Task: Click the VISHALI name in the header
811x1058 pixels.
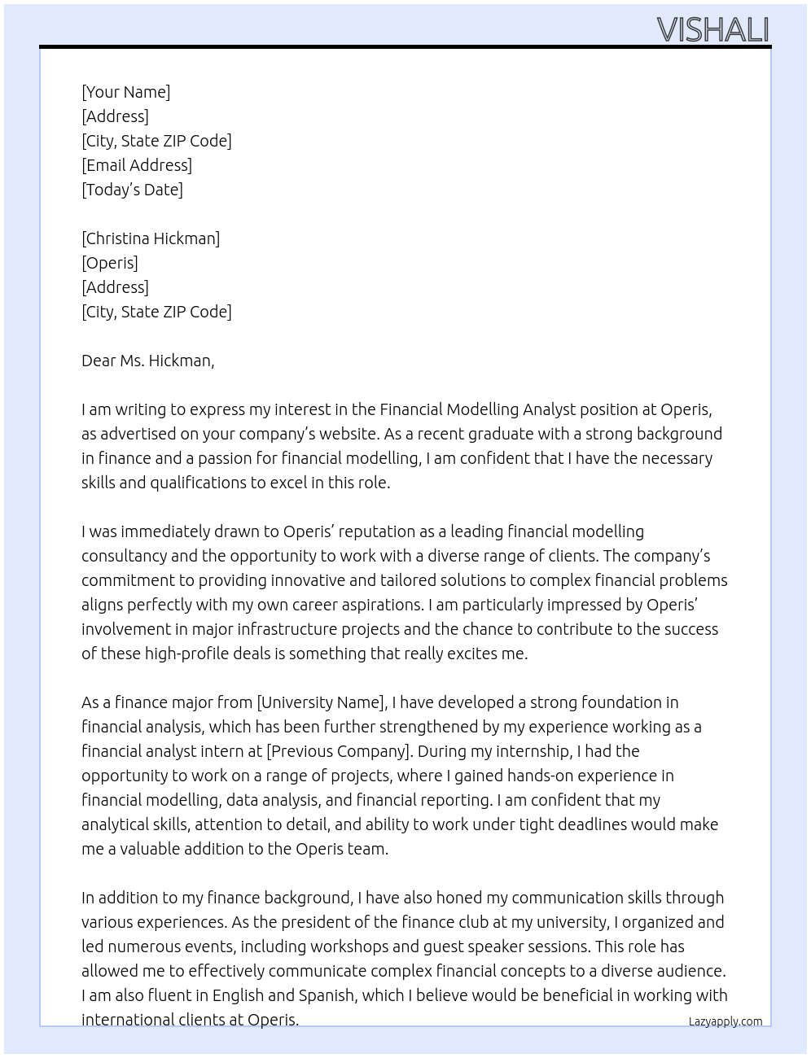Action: [x=712, y=30]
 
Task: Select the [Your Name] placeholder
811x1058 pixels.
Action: [x=126, y=92]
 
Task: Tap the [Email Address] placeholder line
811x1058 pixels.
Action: [x=137, y=165]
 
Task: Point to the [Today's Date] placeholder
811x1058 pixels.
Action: [x=132, y=190]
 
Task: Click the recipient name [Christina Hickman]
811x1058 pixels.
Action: [x=151, y=238]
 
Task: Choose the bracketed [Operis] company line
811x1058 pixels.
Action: [x=110, y=263]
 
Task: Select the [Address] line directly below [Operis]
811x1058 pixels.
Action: [x=115, y=287]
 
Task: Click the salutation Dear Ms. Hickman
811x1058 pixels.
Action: [x=147, y=361]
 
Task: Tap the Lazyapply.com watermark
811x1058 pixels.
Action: [x=726, y=1021]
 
